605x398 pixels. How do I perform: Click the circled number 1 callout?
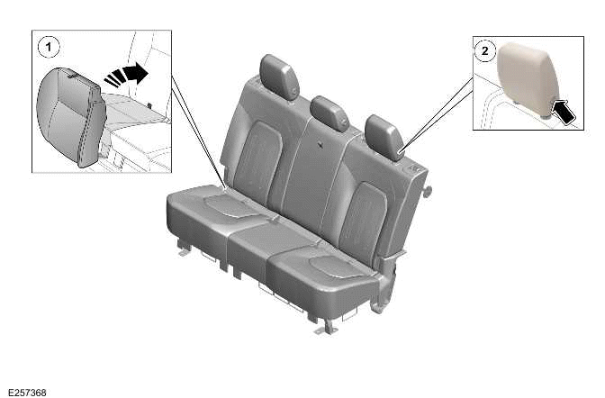(47, 43)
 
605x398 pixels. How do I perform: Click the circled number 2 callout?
(485, 51)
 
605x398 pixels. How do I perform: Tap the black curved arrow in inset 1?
(127, 75)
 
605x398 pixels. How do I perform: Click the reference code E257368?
(26, 392)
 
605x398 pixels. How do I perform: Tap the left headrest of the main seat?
(279, 75)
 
